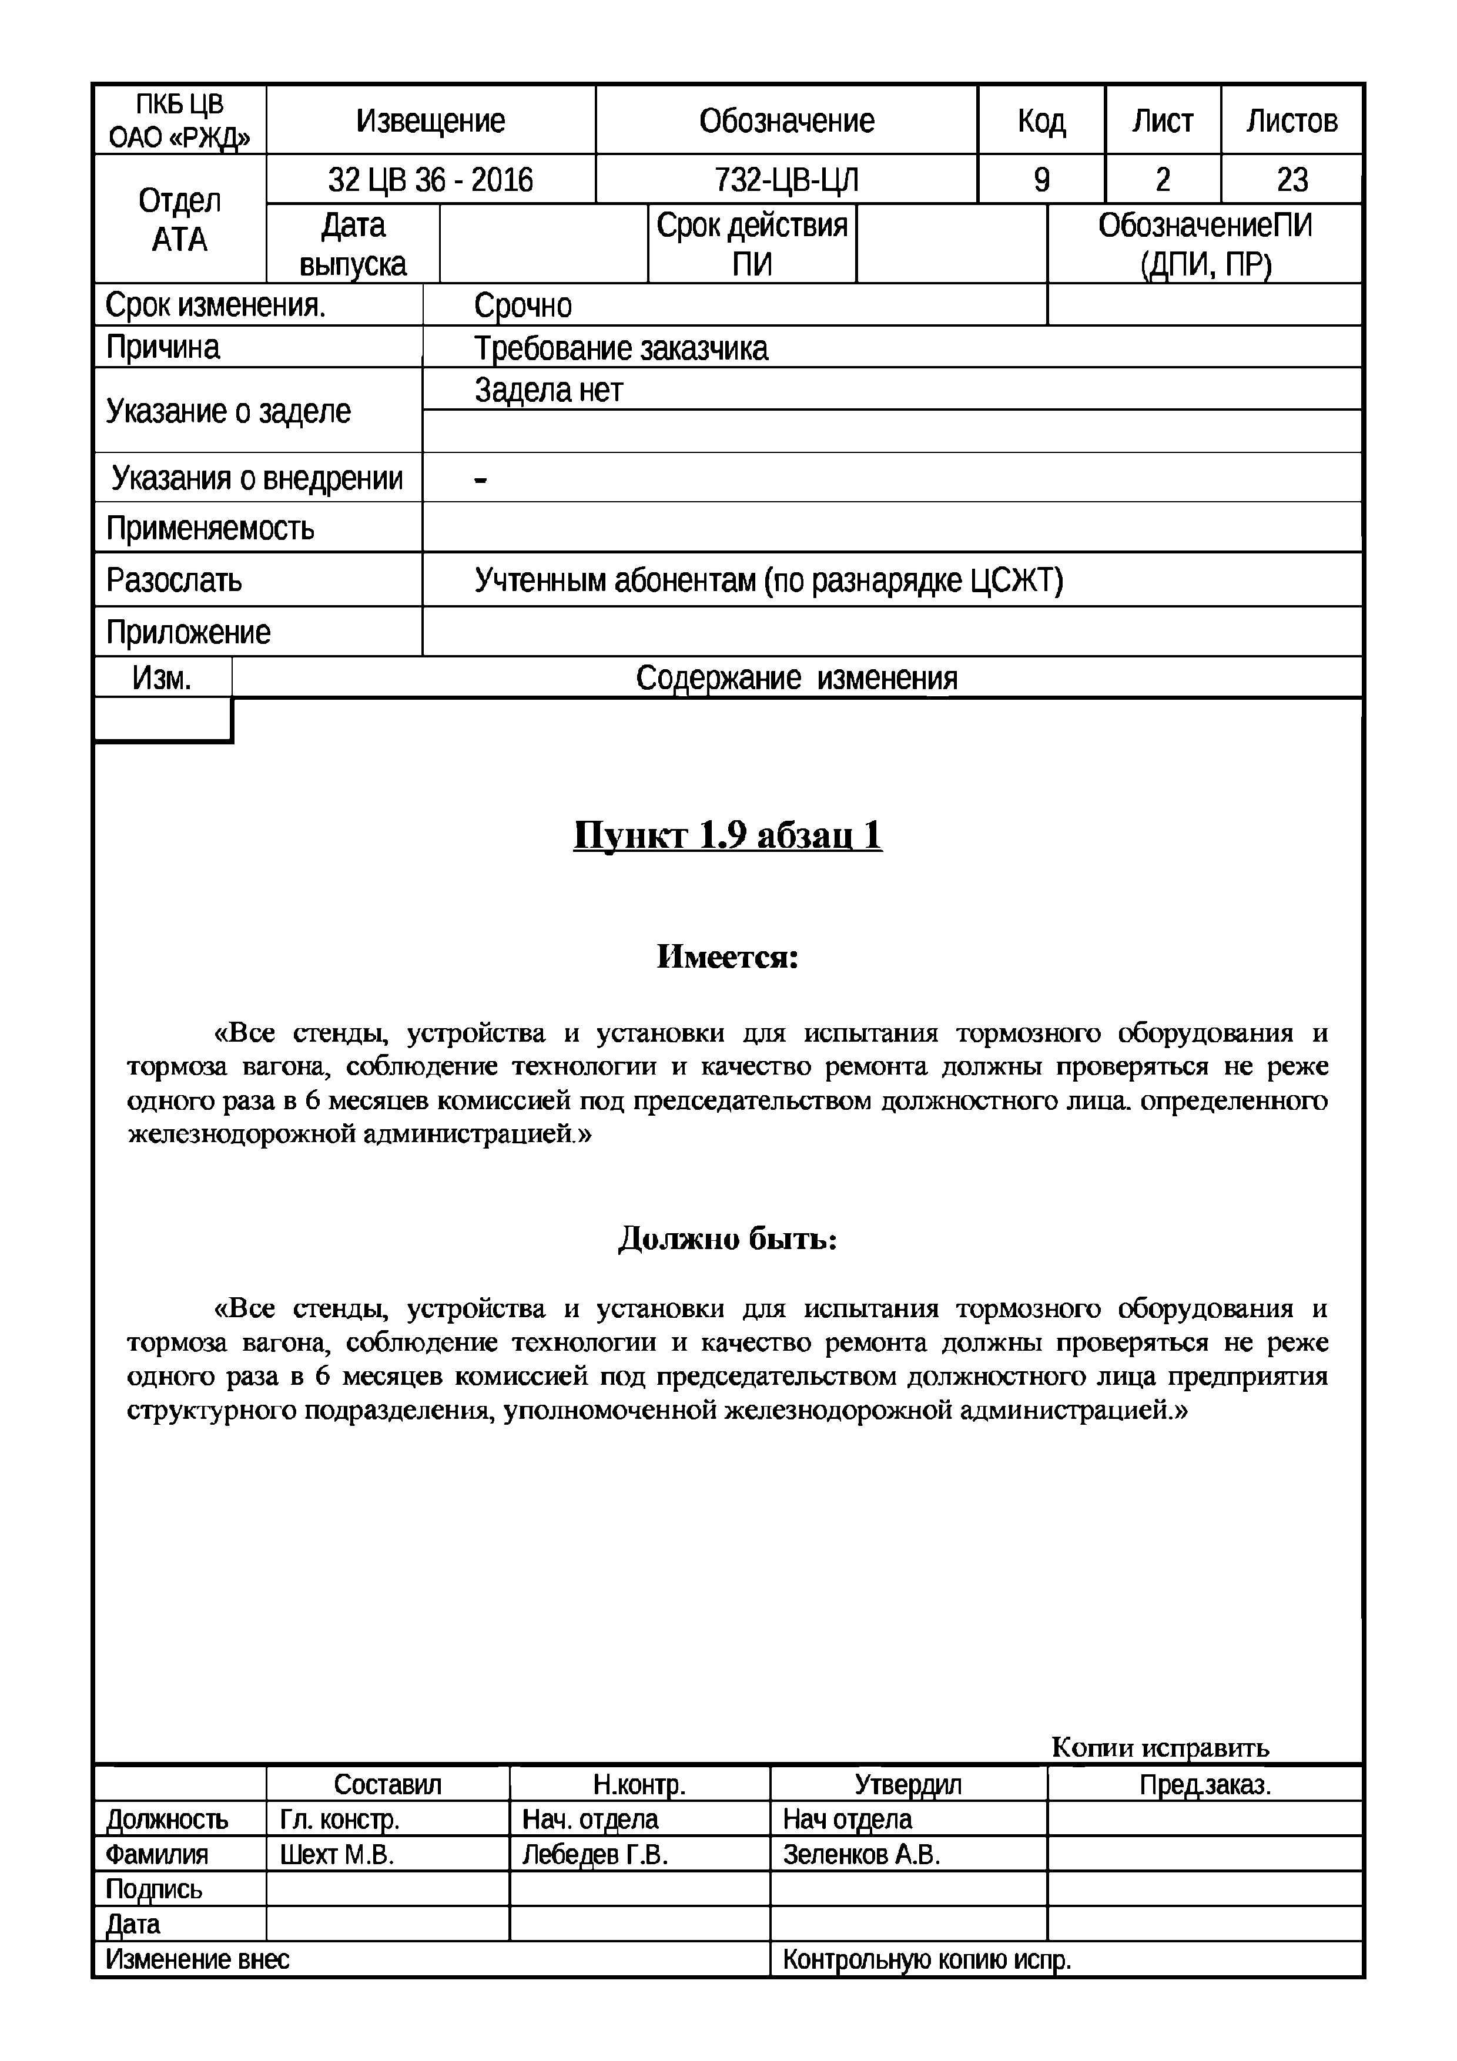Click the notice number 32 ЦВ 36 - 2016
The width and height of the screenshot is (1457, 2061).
click(430, 180)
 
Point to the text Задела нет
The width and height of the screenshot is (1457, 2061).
click(548, 391)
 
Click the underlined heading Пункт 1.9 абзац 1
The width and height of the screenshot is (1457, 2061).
click(727, 835)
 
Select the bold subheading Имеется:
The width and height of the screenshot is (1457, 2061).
click(727, 957)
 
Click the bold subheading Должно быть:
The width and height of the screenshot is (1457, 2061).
click(727, 1240)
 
